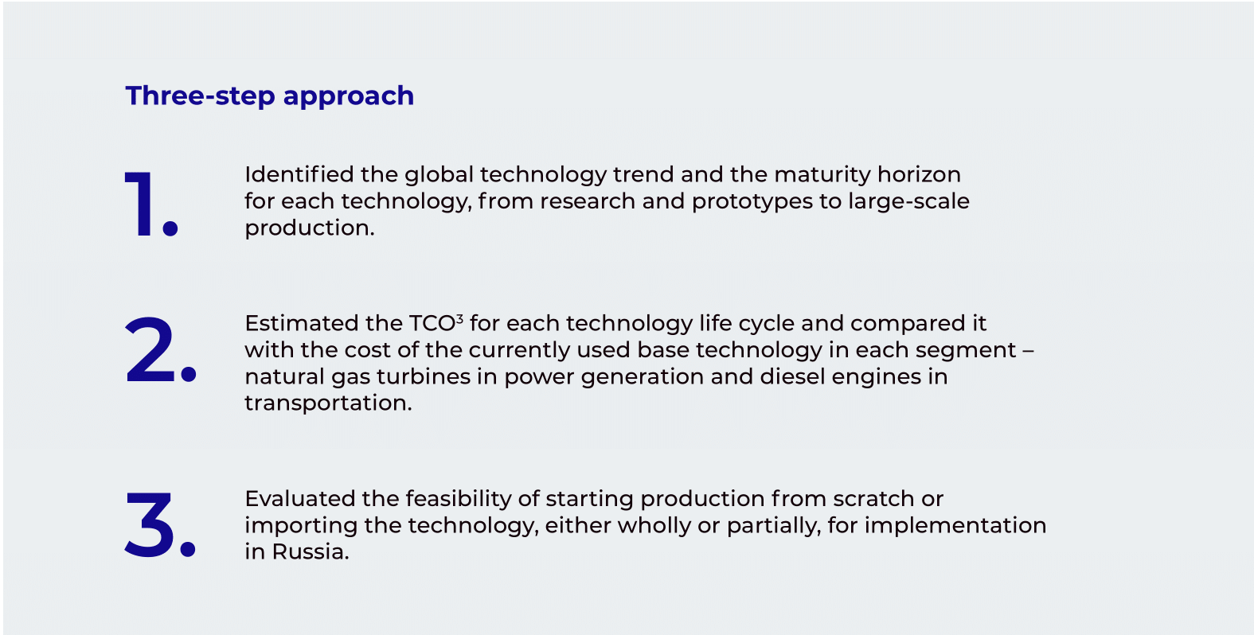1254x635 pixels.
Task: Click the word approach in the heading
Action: [x=348, y=97]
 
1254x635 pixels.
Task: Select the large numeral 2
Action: [x=150, y=349]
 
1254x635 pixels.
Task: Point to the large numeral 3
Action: [x=150, y=525]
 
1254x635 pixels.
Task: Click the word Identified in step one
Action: [x=299, y=174]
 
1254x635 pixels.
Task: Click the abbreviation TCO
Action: [x=432, y=323]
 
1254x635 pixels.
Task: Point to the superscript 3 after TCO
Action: [x=459, y=319]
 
